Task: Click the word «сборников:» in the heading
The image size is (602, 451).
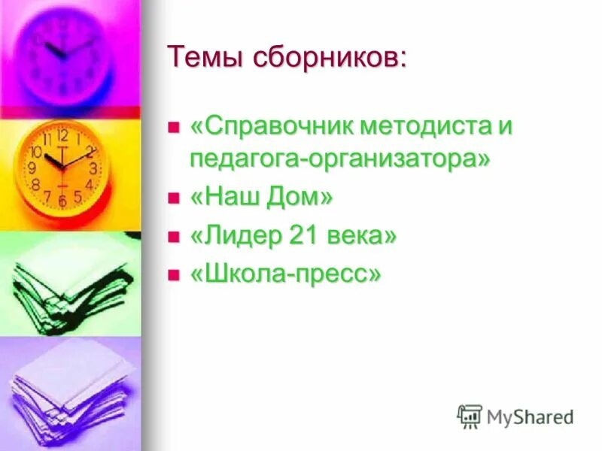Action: point(332,57)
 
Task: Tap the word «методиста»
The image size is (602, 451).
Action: point(422,126)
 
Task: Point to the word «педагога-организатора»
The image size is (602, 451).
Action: point(339,159)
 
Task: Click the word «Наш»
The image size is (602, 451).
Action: point(227,198)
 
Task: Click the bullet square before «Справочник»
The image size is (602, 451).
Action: point(174,126)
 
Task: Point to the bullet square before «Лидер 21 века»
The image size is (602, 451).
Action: point(174,236)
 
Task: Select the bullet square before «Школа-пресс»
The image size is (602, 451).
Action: point(174,274)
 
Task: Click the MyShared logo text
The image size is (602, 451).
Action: point(531,416)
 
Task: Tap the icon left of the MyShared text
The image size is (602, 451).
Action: point(470,416)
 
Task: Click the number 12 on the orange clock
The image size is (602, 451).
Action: point(62,135)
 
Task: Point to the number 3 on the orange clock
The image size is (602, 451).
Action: point(93,168)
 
